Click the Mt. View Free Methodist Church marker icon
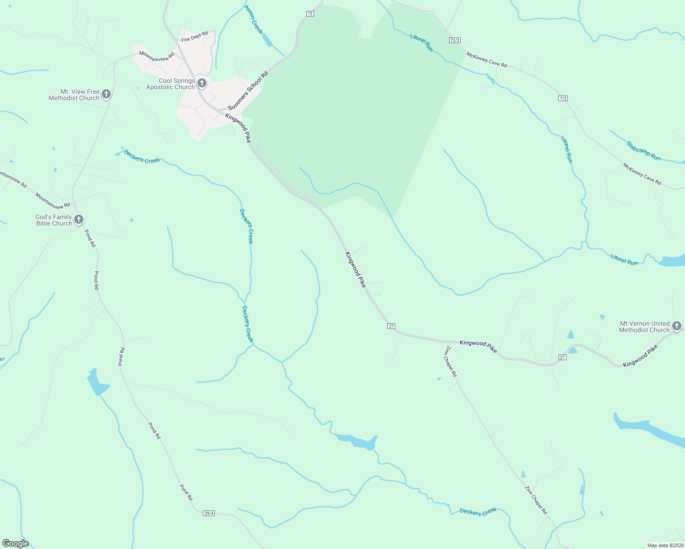(x=106, y=94)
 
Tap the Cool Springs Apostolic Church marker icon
(x=202, y=83)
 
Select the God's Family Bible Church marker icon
(x=79, y=220)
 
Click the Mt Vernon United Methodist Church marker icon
(x=677, y=326)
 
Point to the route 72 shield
(x=310, y=14)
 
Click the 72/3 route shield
(x=455, y=40)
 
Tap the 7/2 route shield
(x=563, y=98)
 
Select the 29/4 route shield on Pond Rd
(x=209, y=513)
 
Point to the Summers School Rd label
(x=248, y=91)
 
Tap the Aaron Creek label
(x=254, y=19)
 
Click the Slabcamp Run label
(x=643, y=151)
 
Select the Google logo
(x=15, y=544)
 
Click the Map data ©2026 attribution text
(x=664, y=545)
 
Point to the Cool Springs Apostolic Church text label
(x=171, y=84)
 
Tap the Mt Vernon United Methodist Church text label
(x=644, y=327)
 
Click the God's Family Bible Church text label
(x=54, y=220)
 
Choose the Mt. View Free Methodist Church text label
(x=74, y=95)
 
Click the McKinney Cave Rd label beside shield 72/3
(x=487, y=59)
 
